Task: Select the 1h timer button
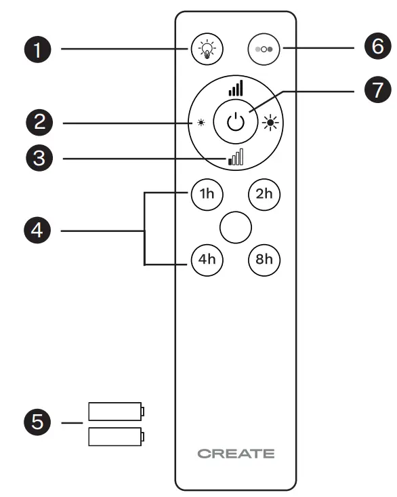pyautogui.click(x=205, y=194)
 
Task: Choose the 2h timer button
pyautogui.click(x=264, y=194)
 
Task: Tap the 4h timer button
pyautogui.click(x=205, y=260)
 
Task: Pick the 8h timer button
pyautogui.click(x=264, y=260)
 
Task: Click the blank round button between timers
pyautogui.click(x=235, y=226)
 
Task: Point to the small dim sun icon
pyautogui.click(x=201, y=123)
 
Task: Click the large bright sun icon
pyautogui.click(x=270, y=123)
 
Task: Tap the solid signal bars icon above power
pyautogui.click(x=235, y=88)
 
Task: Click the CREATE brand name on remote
pyautogui.click(x=236, y=454)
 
